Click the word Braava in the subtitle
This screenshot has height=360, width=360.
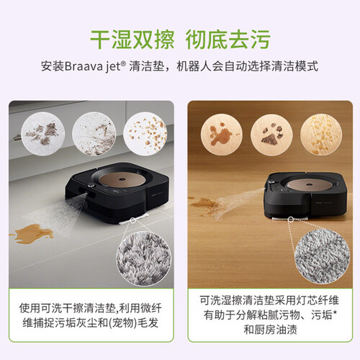click(84, 66)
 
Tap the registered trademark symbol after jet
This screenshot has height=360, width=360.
click(123, 63)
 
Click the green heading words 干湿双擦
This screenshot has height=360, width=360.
click(132, 40)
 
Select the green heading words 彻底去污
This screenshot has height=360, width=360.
click(228, 40)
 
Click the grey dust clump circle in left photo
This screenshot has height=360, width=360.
click(43, 133)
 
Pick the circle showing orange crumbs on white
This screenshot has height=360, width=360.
click(145, 133)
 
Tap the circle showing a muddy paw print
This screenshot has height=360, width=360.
click(271, 134)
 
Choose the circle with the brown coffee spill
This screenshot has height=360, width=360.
click(222, 134)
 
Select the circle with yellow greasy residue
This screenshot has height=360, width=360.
click(321, 134)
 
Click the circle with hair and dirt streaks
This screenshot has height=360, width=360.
click(94, 133)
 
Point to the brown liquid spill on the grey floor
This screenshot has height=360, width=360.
click(31, 233)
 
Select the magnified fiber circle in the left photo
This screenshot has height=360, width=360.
click(143, 258)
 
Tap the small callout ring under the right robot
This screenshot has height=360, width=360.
click(291, 219)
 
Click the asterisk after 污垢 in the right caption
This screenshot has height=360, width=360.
click(335, 312)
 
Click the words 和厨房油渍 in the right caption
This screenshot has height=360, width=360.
click(270, 330)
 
